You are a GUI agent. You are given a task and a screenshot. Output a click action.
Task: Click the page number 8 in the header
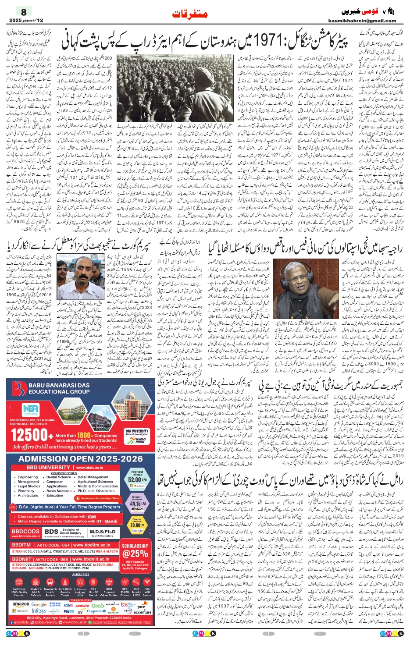pyautogui.click(x=24, y=12)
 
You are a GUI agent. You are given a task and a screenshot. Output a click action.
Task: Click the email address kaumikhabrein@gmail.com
pyautogui.click(x=362, y=21)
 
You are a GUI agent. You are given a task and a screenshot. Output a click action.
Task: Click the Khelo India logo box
pyautogui.click(x=140, y=440)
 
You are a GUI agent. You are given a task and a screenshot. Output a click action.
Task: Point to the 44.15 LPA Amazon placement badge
pyautogui.click(x=137, y=503)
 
